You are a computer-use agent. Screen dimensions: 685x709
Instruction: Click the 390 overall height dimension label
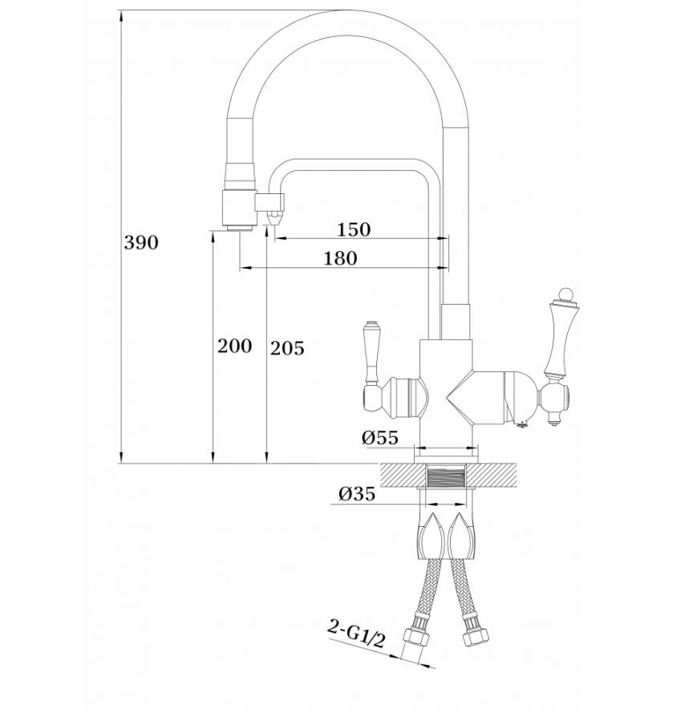[x=141, y=243]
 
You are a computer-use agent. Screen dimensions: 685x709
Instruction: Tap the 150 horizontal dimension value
[x=354, y=229]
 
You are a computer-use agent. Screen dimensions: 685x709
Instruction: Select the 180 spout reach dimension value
[x=340, y=258]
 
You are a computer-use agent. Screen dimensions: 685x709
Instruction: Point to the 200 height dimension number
[x=235, y=346]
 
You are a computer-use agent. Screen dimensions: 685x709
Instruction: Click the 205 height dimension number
[x=287, y=348]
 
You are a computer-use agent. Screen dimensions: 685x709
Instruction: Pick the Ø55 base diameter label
[x=380, y=437]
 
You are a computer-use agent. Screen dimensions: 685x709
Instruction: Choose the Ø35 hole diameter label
[x=357, y=494]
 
